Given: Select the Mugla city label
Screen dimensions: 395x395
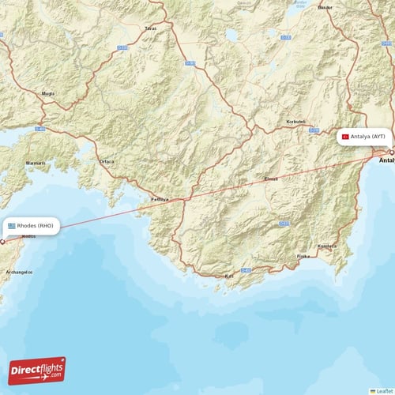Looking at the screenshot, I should tap(48, 93).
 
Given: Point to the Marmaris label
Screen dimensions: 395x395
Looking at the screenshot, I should tap(35, 163).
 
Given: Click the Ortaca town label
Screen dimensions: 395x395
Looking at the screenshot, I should tap(107, 162).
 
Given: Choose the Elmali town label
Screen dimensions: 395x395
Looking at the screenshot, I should tap(271, 179).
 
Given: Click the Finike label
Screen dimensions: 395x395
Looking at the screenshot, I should tap(303, 257).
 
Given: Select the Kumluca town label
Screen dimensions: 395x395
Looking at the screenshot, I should tap(326, 246).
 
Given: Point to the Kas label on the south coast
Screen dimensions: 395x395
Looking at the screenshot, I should tap(230, 276).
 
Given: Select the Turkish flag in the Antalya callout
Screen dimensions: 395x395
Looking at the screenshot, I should tap(345, 137).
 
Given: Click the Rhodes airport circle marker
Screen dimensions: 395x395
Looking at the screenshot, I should tap(2, 242).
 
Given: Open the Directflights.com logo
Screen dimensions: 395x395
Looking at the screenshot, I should tap(37, 370).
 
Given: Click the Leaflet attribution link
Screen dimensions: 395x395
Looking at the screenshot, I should tap(383, 390).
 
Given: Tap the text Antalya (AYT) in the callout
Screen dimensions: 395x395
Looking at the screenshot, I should tap(368, 137).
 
